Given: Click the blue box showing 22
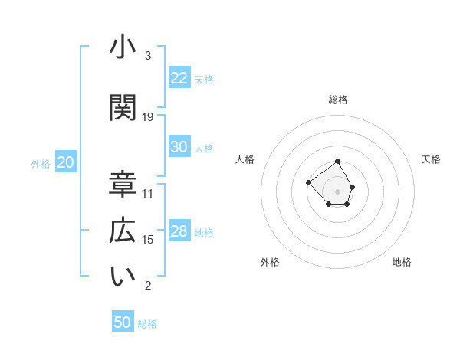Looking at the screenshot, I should [x=179, y=78].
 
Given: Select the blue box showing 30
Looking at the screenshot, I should [x=179, y=148].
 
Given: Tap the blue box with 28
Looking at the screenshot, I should [x=179, y=232].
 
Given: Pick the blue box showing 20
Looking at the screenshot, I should [x=66, y=162].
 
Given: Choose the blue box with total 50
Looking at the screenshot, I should [x=123, y=322].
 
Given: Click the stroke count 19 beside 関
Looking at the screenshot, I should [x=148, y=116].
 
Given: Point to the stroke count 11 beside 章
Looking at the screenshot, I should [x=148, y=193].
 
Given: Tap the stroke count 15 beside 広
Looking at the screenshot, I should [x=148, y=240].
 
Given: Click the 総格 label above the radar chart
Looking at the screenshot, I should [x=338, y=100].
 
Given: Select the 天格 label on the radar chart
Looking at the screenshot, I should [x=432, y=159].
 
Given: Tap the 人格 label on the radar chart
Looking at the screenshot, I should [x=245, y=159].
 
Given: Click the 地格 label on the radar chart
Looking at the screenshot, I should [x=402, y=262].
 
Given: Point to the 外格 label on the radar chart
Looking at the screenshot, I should [x=270, y=262].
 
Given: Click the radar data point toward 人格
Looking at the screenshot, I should [x=308, y=182].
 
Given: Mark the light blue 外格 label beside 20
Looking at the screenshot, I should [x=41, y=163].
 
